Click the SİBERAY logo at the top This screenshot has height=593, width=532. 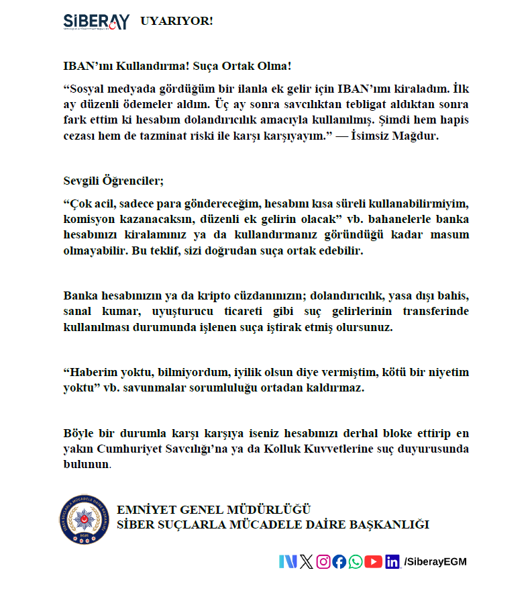(95, 22)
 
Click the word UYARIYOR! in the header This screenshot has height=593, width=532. (176, 21)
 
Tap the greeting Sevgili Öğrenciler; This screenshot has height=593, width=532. (113, 181)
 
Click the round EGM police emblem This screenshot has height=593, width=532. (85, 518)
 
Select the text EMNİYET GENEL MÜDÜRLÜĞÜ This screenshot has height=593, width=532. (213, 510)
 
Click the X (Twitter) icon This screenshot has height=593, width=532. (306, 562)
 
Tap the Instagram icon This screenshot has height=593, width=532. (323, 562)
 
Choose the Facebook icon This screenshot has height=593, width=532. (339, 562)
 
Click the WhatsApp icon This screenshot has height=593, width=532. (356, 562)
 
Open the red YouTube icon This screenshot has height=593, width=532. (374, 562)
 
